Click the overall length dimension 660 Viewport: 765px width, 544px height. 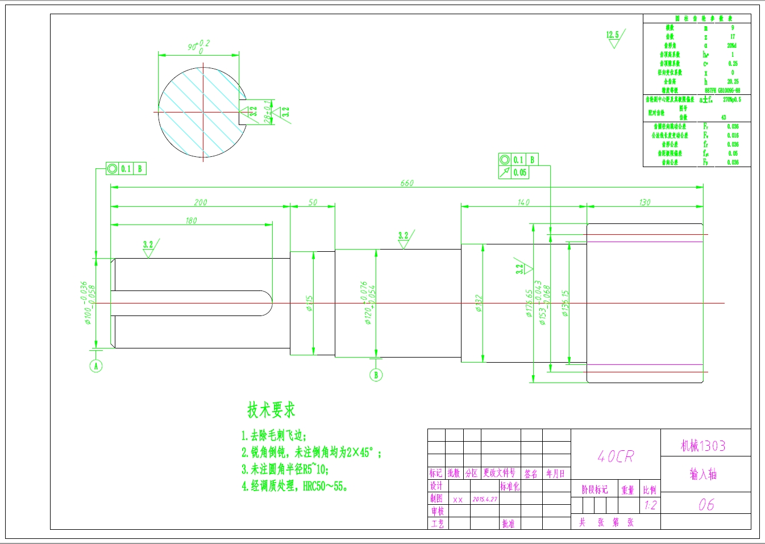coord(407,183)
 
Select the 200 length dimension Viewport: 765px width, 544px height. coord(201,202)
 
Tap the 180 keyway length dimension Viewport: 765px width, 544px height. coord(191,221)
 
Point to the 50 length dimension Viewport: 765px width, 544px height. coord(313,202)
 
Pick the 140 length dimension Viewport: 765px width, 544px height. coord(523,202)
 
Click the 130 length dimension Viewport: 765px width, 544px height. coord(645,202)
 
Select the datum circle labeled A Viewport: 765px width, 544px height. coord(96,366)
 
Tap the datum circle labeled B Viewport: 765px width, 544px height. coord(375,375)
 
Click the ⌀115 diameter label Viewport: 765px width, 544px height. coord(310,303)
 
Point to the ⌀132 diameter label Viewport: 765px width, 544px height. coord(479,303)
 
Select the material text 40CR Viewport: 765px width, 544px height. coord(616,456)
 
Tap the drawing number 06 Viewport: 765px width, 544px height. coord(706,504)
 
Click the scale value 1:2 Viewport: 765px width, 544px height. coord(650,505)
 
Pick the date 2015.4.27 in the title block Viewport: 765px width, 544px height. coord(485,500)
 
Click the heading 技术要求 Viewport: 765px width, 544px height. coord(271,409)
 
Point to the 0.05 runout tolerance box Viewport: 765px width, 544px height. coord(519,173)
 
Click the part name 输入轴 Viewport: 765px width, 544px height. coord(703,474)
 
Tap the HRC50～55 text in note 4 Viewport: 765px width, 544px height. coord(324,486)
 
